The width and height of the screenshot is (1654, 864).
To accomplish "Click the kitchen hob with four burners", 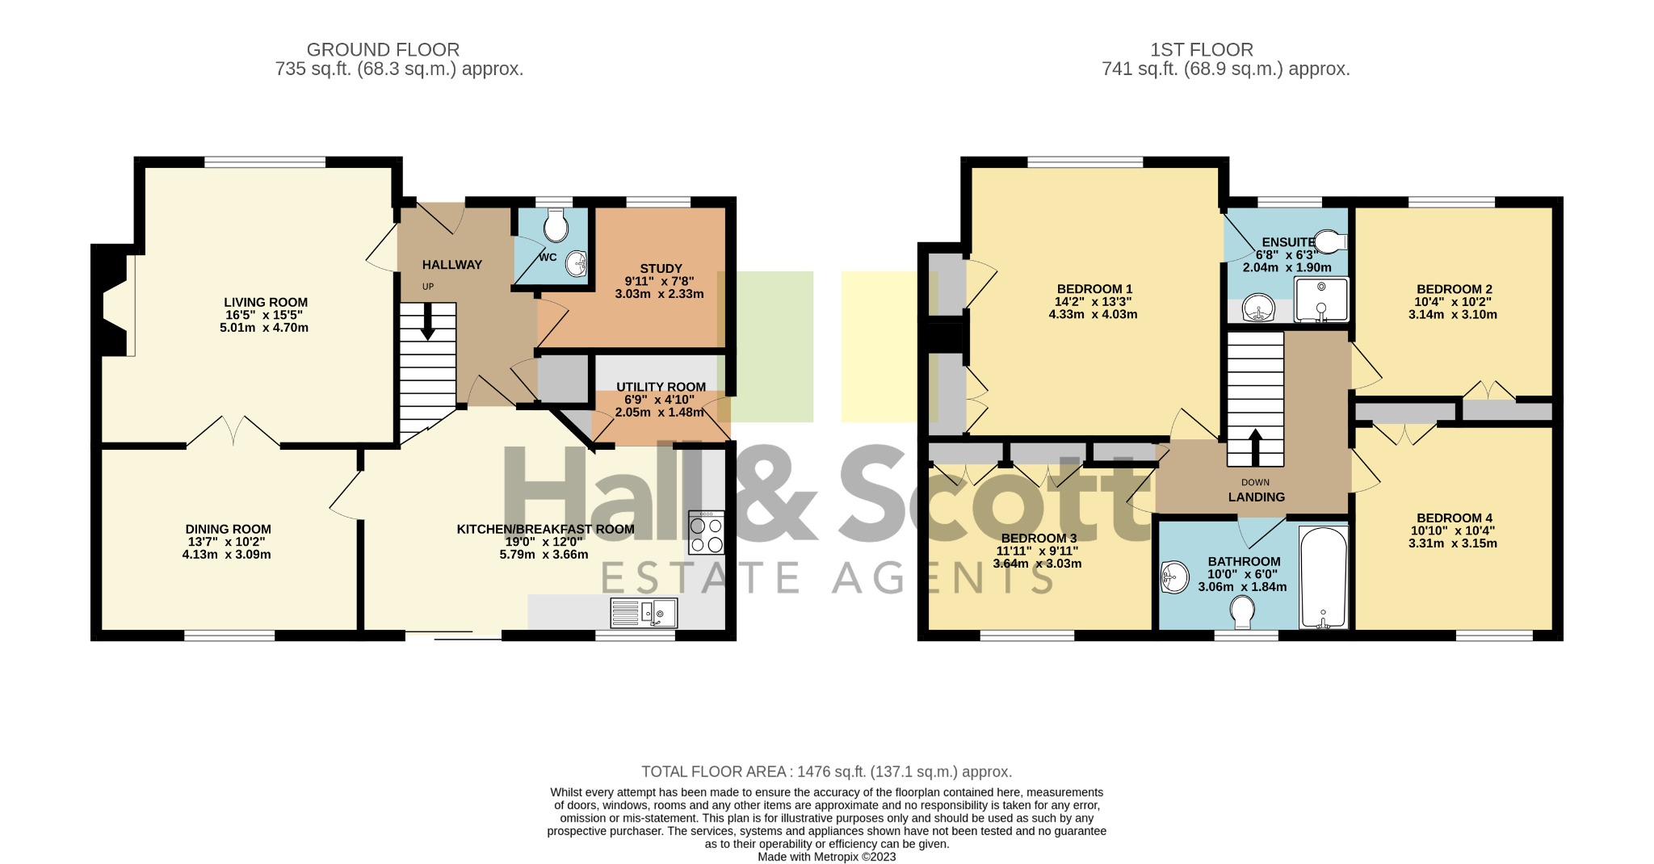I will click(706, 532).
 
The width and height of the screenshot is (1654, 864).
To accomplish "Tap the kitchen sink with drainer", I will click(644, 613).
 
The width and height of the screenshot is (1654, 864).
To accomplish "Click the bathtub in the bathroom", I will click(1323, 577).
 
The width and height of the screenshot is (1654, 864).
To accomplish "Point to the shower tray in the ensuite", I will click(1321, 300).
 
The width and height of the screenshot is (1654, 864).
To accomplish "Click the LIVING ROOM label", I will click(266, 302).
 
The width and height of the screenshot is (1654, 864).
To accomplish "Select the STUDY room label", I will click(661, 268).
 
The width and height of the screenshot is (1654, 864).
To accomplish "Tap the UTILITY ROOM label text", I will click(661, 387).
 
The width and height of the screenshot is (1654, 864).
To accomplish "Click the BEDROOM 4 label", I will click(1454, 518).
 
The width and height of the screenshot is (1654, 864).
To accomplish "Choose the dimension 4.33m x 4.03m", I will click(1093, 314).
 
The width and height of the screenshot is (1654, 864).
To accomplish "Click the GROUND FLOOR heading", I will click(383, 50).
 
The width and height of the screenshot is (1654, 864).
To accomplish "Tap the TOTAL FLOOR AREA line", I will click(826, 772).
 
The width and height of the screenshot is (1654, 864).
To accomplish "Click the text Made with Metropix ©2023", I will click(826, 857).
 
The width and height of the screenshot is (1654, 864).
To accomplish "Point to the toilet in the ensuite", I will click(1330, 241).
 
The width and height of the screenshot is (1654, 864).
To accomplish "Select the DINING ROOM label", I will click(228, 530).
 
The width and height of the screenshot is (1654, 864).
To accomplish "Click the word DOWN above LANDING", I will click(1255, 483).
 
